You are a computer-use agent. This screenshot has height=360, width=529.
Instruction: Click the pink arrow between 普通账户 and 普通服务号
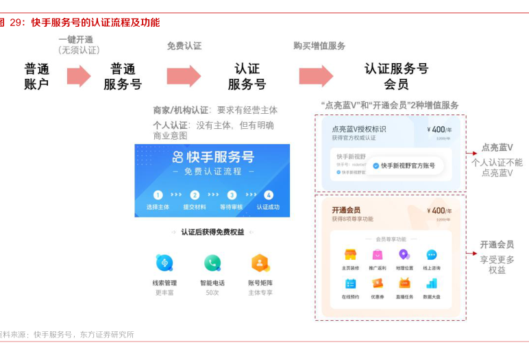click(x=79, y=75)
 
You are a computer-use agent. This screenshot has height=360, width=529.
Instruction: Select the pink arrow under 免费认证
click(x=184, y=75)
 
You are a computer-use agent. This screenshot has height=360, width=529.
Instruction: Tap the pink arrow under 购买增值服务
click(x=316, y=75)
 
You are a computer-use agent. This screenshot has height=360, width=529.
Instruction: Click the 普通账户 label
click(x=37, y=76)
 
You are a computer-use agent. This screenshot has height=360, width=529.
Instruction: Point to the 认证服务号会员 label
click(x=396, y=76)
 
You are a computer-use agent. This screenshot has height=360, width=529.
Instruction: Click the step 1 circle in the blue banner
click(x=158, y=195)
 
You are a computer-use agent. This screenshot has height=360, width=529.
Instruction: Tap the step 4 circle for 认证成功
click(x=268, y=195)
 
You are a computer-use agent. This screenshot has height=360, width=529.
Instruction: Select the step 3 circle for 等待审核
click(x=232, y=195)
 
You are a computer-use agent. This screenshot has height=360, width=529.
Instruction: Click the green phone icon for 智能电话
click(x=212, y=263)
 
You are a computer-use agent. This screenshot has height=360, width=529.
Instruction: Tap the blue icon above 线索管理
click(x=164, y=263)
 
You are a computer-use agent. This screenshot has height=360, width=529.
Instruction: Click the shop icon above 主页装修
click(x=350, y=254)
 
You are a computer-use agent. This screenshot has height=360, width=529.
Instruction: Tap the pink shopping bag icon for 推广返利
click(x=378, y=254)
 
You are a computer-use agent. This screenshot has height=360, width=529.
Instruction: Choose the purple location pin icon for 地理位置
click(x=404, y=254)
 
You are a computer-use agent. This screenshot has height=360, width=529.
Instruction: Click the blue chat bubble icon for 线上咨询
click(x=432, y=254)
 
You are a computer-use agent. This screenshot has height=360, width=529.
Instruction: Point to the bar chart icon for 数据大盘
click(x=432, y=283)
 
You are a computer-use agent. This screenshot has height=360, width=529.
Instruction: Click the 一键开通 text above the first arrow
click(x=76, y=40)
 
